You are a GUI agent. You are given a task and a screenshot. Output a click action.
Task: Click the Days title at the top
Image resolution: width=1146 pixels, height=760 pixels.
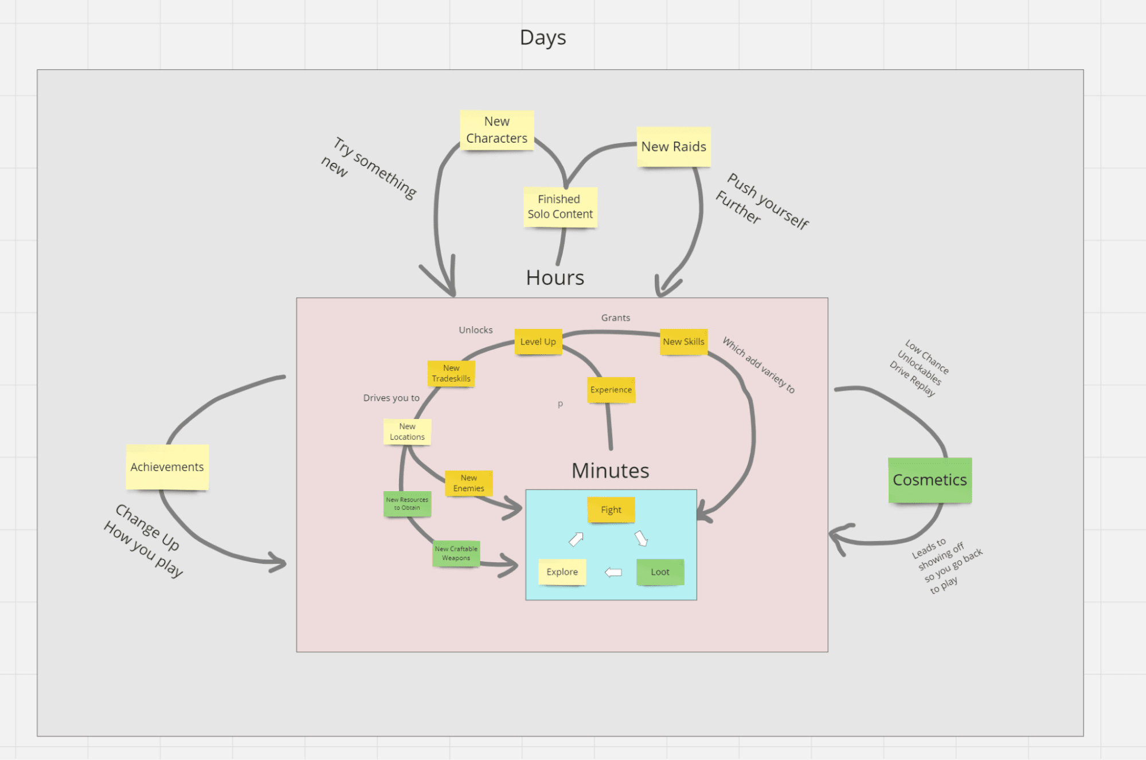[x=542, y=38]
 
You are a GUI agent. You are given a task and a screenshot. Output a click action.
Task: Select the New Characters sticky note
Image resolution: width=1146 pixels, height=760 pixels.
[x=496, y=130]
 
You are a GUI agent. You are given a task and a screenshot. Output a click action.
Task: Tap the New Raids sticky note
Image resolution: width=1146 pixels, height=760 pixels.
[x=674, y=147]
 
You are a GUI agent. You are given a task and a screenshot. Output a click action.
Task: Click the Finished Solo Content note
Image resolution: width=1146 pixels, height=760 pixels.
[x=560, y=207]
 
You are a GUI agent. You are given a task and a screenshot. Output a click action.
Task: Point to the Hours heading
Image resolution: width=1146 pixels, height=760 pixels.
[x=555, y=278]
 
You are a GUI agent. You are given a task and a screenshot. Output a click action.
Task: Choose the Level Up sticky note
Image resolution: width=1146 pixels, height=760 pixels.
[x=538, y=342]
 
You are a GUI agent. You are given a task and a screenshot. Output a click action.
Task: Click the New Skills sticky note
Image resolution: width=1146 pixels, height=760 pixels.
[x=683, y=342]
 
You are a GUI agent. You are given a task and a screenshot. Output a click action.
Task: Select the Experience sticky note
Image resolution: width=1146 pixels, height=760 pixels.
[x=611, y=390]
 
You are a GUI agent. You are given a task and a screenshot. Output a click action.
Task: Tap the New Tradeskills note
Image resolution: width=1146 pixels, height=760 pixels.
[x=451, y=373]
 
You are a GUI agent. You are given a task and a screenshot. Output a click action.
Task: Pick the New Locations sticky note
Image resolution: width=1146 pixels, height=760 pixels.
[x=407, y=432]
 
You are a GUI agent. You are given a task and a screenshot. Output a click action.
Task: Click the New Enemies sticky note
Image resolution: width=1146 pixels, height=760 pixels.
[x=468, y=483]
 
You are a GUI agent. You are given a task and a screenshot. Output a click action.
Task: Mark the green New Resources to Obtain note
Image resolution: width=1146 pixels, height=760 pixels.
[x=407, y=504]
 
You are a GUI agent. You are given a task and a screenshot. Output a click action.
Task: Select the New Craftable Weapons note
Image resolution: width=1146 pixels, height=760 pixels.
[x=456, y=554]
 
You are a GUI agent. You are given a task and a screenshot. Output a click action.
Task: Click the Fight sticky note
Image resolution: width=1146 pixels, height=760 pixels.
[x=611, y=510]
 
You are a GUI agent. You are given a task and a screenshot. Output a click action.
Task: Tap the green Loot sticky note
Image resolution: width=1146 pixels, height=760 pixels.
[x=660, y=572]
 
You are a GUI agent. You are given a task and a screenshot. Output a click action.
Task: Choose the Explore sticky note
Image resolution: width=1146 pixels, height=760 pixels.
[x=562, y=572]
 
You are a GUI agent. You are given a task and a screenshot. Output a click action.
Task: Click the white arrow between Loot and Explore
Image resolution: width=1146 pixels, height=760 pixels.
[x=613, y=572]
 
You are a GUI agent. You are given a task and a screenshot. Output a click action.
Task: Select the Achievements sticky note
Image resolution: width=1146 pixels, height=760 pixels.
[x=167, y=467]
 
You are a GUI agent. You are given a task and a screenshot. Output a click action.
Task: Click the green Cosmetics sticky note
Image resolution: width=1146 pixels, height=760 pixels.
[x=929, y=480]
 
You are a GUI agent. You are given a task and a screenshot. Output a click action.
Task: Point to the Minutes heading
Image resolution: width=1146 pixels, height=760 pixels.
[x=610, y=471]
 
